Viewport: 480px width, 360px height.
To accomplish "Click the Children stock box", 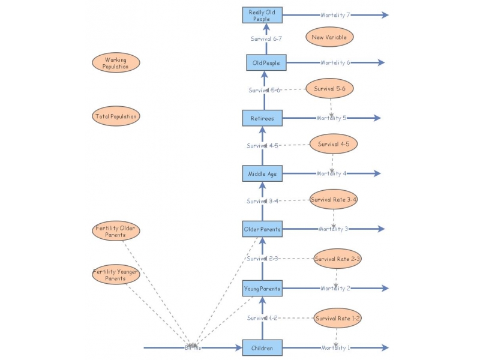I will coord(262,347).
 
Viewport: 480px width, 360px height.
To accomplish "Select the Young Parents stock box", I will coord(262,289).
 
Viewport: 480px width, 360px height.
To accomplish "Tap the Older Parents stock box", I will coord(262,229).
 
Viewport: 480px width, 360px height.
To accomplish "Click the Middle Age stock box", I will coord(262,173).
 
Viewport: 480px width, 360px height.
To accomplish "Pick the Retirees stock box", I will coord(262,118).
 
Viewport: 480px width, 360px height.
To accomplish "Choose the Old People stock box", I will coord(266,62).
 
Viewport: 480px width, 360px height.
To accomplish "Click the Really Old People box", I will coord(262,16).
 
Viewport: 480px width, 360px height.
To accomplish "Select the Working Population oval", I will coord(116,63).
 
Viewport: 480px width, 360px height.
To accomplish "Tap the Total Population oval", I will coord(116,116).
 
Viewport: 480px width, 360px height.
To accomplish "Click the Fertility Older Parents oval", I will coord(116,231).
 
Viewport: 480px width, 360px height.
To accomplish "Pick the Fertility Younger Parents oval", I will coord(116,275).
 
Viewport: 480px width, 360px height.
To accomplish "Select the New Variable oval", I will coord(329,37).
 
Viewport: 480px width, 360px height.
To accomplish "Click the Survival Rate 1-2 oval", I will coord(338,318).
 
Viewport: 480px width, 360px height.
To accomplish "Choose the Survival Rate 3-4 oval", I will coord(334,199).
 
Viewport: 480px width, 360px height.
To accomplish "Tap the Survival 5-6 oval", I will coord(329,89).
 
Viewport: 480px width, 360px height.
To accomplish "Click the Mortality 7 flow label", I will coord(335,15).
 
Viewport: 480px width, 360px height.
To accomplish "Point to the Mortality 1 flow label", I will coord(335,347).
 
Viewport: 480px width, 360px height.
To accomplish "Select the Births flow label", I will coord(193,347).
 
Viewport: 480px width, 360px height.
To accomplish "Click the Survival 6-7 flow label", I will coord(266,39).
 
